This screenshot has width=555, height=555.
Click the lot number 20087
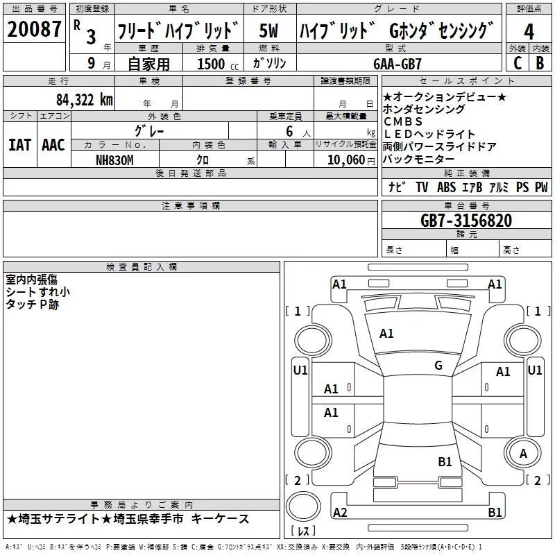[x=34, y=29]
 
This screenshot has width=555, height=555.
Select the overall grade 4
[x=529, y=31]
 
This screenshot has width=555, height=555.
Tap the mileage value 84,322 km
[x=85, y=100]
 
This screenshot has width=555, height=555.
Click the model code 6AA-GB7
[x=398, y=64]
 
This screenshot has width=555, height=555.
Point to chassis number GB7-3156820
[x=466, y=220]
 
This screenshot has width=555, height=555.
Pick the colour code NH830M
[x=114, y=160]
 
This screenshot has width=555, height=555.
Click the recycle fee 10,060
[x=345, y=160]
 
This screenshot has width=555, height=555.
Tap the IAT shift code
[x=19, y=145]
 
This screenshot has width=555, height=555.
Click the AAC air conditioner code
[x=53, y=145]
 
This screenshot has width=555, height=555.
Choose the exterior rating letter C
[x=518, y=63]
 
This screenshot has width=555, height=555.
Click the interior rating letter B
[x=540, y=63]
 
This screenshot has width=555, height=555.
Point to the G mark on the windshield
[x=438, y=365]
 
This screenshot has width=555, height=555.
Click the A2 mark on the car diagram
[x=340, y=512]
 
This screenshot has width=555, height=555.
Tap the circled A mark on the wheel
[x=523, y=454]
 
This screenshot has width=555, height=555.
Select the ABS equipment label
[x=446, y=187]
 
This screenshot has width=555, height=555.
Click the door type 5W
[x=268, y=31]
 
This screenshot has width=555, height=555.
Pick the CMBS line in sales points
[x=403, y=121]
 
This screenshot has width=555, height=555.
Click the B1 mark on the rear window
[x=445, y=462]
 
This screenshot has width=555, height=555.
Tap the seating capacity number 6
[x=289, y=131]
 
